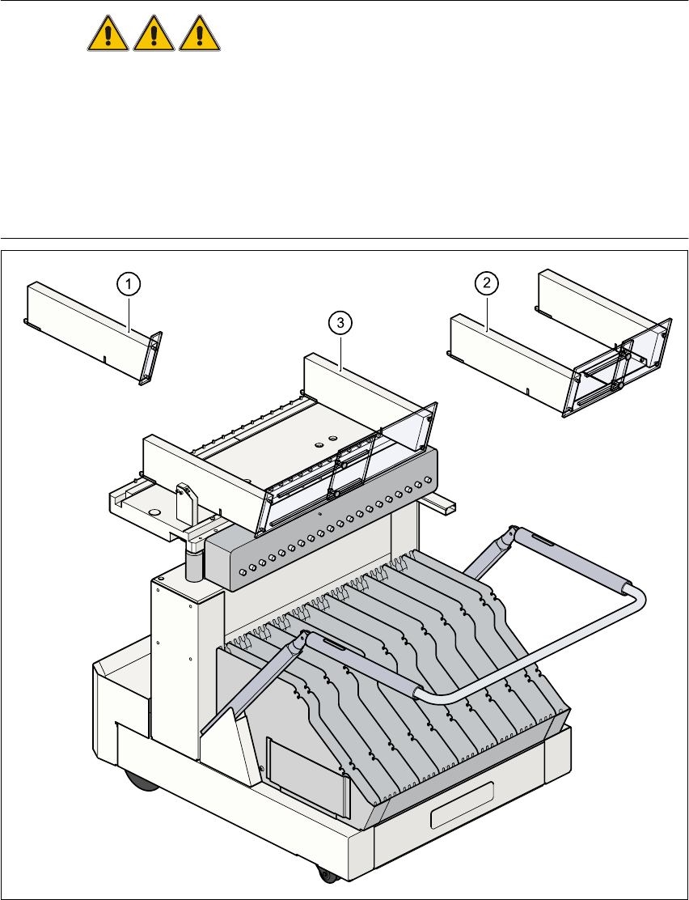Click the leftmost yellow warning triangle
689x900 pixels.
(108, 36)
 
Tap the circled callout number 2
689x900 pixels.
(486, 282)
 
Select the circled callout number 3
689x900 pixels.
(340, 322)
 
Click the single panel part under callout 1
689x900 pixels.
(81, 328)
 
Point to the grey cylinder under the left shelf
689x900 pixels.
(195, 563)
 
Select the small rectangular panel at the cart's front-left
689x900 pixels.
(304, 770)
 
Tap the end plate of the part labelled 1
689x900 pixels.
(152, 356)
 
